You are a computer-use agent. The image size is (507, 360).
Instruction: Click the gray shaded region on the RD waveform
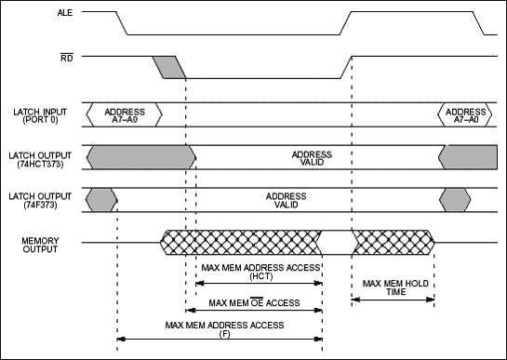(x=169, y=67)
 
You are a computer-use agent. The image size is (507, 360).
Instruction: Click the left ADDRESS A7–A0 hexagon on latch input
(x=124, y=114)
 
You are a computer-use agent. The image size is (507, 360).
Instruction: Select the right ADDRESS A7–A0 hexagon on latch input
(x=462, y=114)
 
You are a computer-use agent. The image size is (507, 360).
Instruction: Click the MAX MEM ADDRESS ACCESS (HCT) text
(x=252, y=273)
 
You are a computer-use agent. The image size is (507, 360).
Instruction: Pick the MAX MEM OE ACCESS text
(x=252, y=302)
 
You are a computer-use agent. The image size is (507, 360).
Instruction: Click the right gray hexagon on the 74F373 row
(x=456, y=198)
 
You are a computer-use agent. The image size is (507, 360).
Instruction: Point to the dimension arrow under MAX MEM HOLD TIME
(x=393, y=299)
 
